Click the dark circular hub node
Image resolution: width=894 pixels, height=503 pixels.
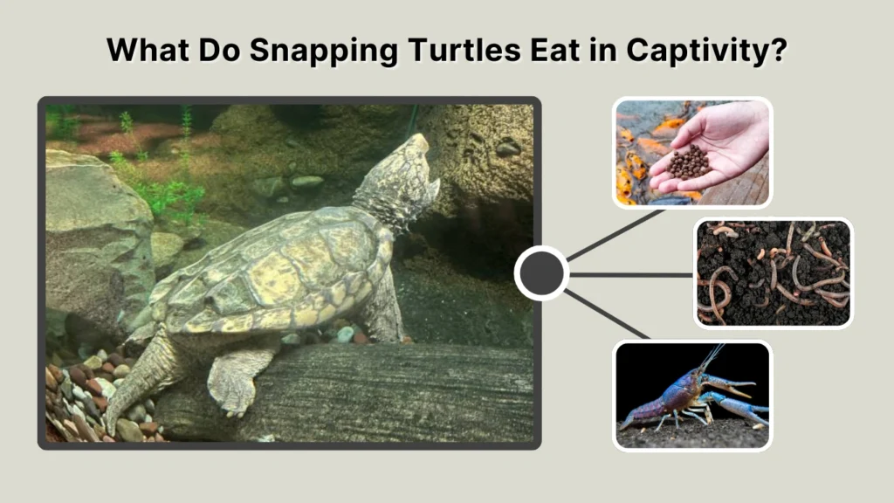tap(541, 273)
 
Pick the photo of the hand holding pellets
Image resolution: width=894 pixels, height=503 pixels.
tap(691, 152)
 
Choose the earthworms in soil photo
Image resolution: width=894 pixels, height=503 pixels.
tap(773, 272)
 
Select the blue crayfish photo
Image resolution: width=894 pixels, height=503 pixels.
tap(691, 395)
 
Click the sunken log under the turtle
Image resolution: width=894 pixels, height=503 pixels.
tap(367, 393)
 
